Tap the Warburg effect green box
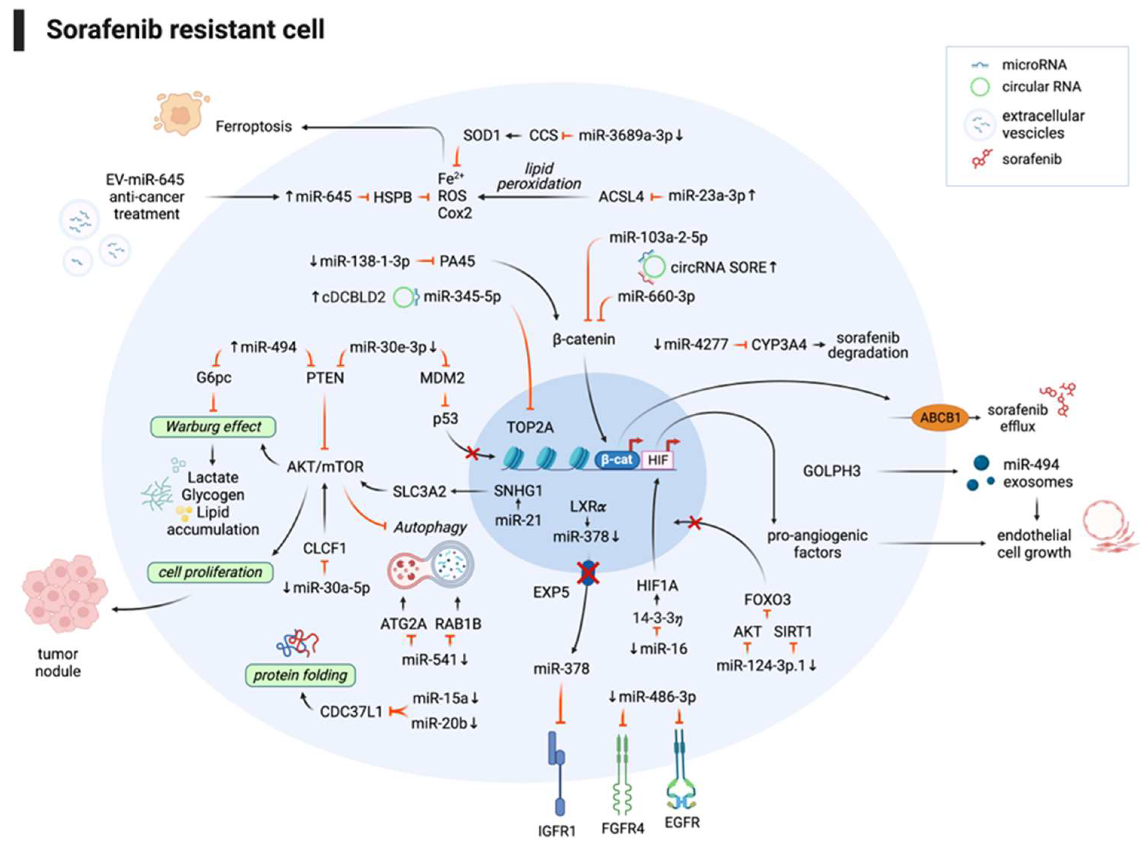click(x=213, y=427)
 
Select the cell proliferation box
click(x=210, y=572)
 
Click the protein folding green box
click(x=300, y=675)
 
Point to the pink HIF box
click(x=657, y=459)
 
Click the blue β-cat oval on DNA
click(x=617, y=459)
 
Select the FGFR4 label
click(x=622, y=828)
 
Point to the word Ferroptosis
click(x=254, y=126)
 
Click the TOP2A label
click(x=530, y=427)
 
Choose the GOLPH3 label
click(x=832, y=471)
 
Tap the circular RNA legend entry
click(x=1041, y=87)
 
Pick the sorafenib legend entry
click(x=1032, y=159)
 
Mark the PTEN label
click(x=325, y=378)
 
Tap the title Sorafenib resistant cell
click(x=185, y=29)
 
